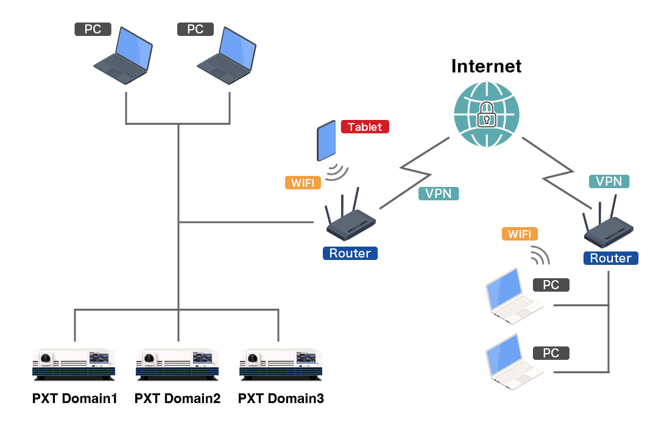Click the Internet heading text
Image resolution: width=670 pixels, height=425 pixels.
click(x=486, y=66)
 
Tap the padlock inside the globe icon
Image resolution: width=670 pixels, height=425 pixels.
click(x=486, y=114)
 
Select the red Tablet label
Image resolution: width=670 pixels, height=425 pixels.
click(x=365, y=127)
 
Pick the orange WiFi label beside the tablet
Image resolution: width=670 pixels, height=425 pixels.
click(x=303, y=182)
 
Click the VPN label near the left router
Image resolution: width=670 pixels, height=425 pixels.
click(x=438, y=194)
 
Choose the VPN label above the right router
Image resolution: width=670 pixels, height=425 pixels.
click(x=609, y=181)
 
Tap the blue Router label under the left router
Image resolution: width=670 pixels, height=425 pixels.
click(x=350, y=253)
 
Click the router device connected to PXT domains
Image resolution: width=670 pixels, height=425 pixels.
click(x=350, y=222)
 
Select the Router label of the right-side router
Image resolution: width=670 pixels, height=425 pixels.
click(x=611, y=258)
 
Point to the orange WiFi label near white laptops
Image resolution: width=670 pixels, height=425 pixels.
click(x=520, y=233)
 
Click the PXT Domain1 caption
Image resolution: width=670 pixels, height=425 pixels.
click(x=74, y=399)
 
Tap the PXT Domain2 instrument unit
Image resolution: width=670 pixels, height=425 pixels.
click(x=177, y=364)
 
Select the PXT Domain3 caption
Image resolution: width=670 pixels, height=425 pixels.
click(x=281, y=399)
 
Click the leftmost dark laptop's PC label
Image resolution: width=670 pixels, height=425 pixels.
click(x=93, y=29)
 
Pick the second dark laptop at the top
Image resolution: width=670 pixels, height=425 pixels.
click(x=225, y=56)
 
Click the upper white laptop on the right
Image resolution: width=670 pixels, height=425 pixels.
click(x=513, y=296)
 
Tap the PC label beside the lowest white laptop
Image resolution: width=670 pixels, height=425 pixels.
click(x=551, y=353)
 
